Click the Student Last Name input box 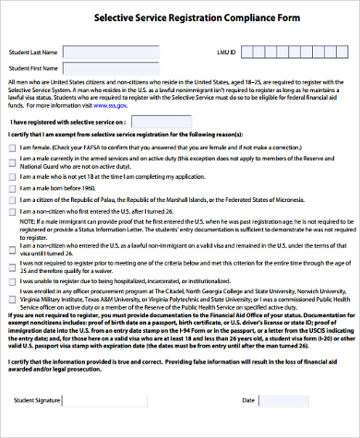click(89, 53)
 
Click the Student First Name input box click(89, 68)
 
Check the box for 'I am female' click(11, 148)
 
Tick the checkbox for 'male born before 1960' click(11, 186)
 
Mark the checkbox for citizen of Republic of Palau click(11, 199)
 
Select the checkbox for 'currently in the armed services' click(11, 160)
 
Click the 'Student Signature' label click(38, 400)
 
